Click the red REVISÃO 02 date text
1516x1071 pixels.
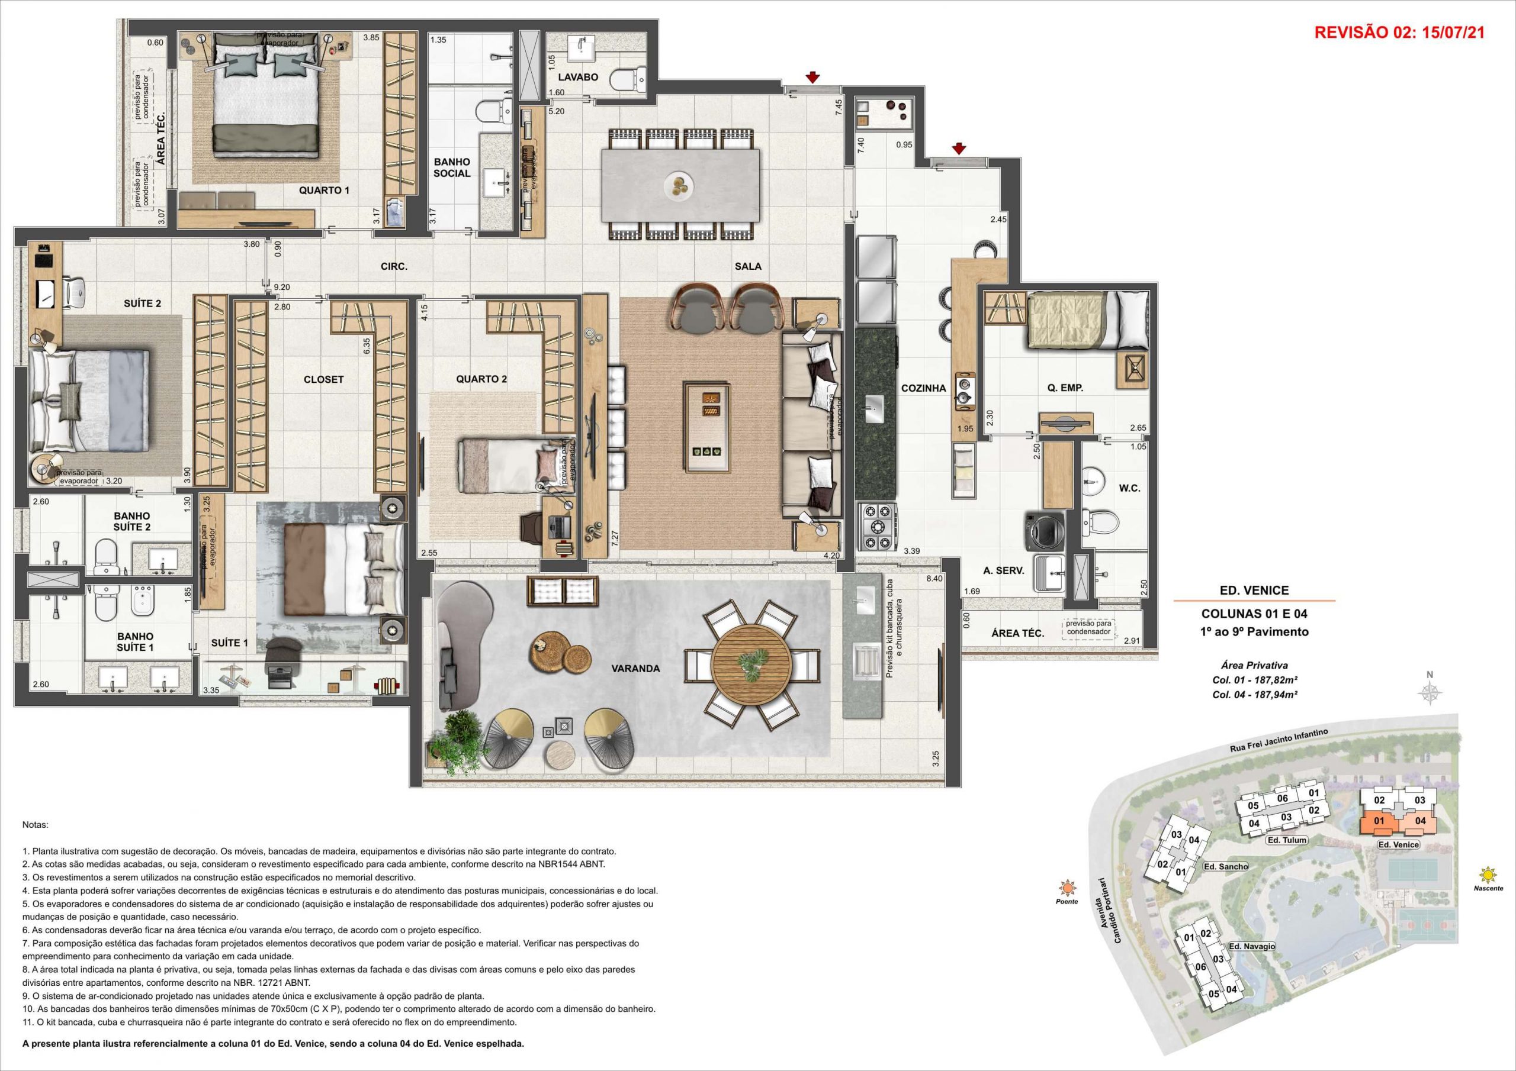(x=1399, y=33)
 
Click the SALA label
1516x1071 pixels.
(x=748, y=267)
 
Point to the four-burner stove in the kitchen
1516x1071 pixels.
(x=877, y=526)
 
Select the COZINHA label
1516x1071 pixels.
(x=924, y=389)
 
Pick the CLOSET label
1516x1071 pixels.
(x=323, y=379)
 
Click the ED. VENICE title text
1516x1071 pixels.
(x=1254, y=591)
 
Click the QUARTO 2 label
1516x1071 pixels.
(x=481, y=379)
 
